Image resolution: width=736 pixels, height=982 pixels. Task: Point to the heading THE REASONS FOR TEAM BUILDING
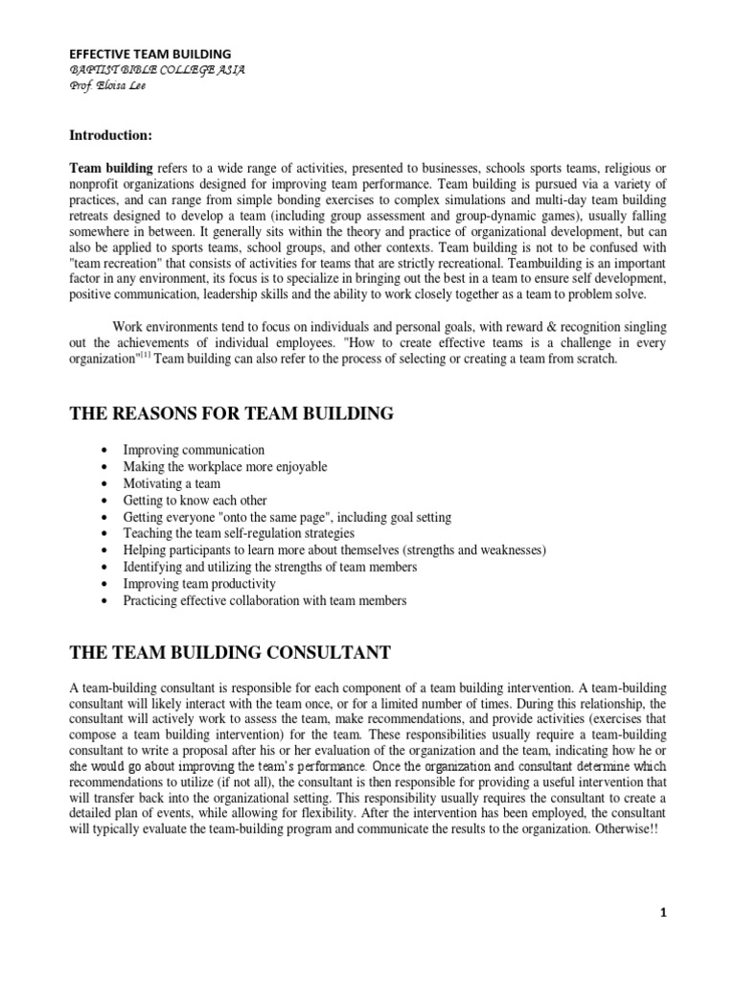tap(231, 413)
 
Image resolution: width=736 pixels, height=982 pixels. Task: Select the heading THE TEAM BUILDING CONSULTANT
tap(230, 652)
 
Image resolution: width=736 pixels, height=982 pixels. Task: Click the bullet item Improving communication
tap(194, 450)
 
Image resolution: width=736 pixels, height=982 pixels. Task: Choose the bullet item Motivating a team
tap(172, 483)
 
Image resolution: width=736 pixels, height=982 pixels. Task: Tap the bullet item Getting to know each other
tap(195, 501)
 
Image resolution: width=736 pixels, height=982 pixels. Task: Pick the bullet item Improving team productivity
tap(199, 583)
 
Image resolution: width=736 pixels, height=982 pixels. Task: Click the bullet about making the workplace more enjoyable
tap(224, 467)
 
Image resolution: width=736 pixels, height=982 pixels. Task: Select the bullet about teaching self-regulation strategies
tap(239, 533)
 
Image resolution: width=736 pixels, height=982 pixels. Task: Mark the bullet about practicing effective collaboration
tap(264, 600)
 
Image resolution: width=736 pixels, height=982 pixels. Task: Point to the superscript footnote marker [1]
tap(144, 355)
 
